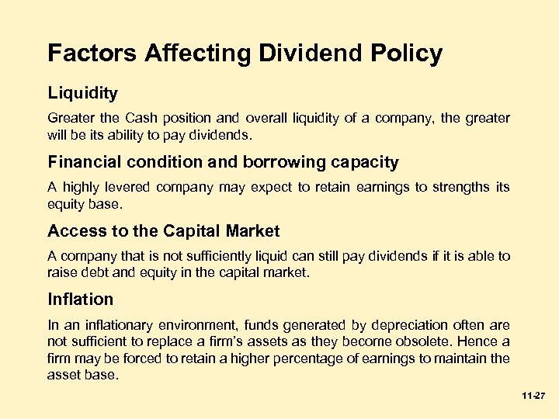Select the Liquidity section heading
[x=82, y=94]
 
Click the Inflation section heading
[x=80, y=300]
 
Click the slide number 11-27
[x=535, y=396]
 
